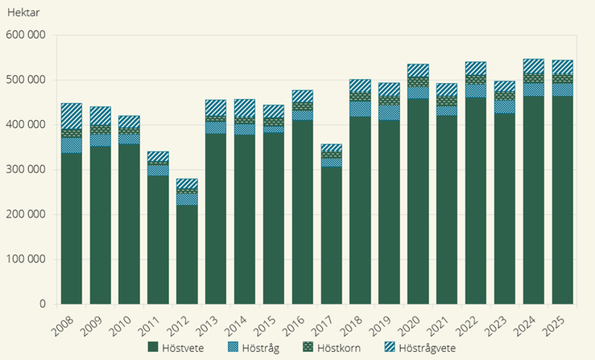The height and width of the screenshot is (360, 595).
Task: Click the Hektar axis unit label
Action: [23, 14]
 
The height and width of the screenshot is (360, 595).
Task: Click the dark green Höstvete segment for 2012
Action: [186, 254]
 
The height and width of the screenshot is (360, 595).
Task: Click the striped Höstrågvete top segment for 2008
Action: [72, 116]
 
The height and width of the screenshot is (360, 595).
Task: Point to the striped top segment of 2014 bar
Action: [244, 108]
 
